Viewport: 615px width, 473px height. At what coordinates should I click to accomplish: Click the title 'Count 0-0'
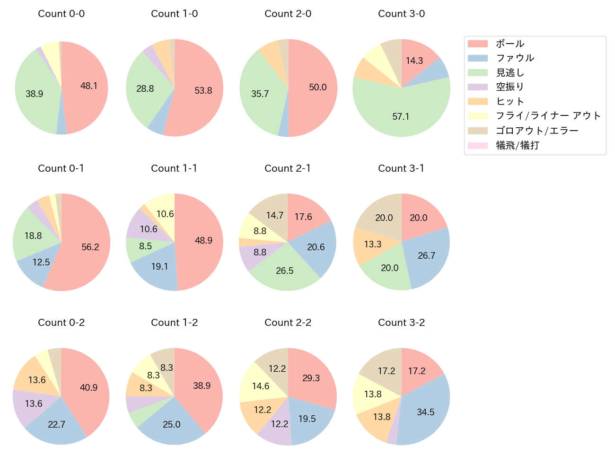[61, 14]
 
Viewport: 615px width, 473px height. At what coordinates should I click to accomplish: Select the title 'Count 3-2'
[401, 323]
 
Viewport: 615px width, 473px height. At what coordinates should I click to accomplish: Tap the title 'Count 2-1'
[288, 168]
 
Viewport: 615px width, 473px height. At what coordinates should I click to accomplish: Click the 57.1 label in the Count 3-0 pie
[401, 116]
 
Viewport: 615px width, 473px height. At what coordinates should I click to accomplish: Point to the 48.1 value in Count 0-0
[89, 86]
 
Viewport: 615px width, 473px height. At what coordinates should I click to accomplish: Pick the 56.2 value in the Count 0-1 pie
[90, 247]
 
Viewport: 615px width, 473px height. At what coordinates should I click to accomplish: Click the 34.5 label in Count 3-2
[426, 412]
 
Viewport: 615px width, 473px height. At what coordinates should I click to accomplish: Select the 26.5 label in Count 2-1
[285, 271]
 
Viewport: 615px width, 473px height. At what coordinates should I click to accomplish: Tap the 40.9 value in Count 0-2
[88, 387]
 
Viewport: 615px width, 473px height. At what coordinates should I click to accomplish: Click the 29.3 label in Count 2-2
[311, 378]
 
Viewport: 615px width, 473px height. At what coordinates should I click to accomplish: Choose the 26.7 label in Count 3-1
[426, 255]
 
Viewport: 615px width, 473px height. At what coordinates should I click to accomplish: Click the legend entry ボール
[510, 44]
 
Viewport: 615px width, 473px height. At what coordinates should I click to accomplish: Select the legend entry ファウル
[515, 58]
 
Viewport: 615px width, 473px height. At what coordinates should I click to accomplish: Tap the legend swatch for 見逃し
[478, 73]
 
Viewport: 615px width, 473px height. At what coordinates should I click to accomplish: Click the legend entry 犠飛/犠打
[518, 145]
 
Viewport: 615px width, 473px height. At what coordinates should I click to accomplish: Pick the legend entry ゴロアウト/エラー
[537, 131]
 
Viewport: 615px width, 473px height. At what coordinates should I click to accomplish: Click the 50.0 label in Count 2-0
[318, 88]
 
